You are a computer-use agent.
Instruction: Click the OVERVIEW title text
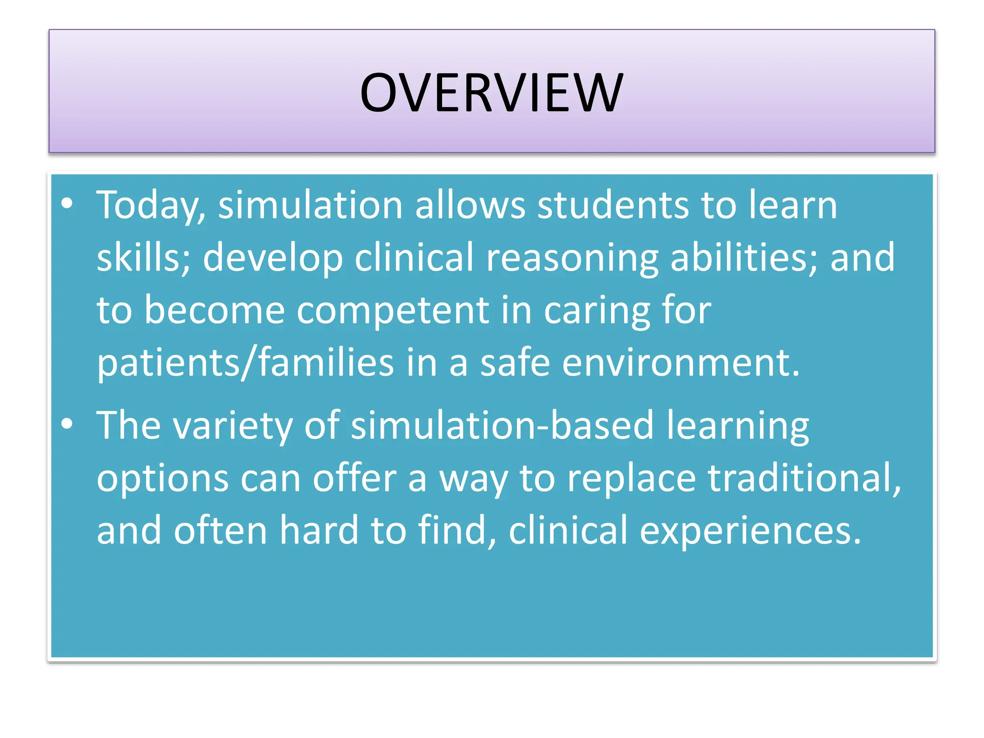click(492, 92)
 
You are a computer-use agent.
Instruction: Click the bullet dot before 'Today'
click(67, 204)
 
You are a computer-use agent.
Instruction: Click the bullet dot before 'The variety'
click(67, 424)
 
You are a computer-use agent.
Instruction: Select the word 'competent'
click(393, 311)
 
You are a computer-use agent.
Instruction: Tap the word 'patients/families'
click(245, 363)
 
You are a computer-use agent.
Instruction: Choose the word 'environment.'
click(681, 363)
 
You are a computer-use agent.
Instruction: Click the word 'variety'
click(233, 426)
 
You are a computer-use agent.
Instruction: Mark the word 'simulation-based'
click(502, 426)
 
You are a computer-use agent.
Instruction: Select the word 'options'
click(162, 479)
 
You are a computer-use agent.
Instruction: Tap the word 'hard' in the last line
click(319, 530)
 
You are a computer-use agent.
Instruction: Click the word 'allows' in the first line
click(470, 206)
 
